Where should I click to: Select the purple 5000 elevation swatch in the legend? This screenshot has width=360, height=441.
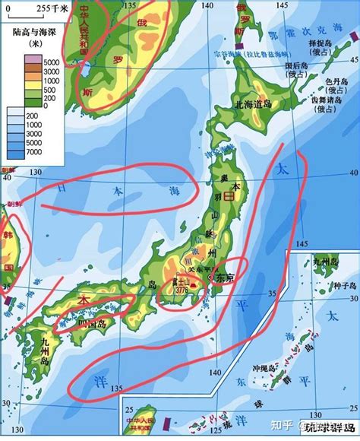coord(18,61)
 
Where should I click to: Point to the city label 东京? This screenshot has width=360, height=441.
coord(226,278)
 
